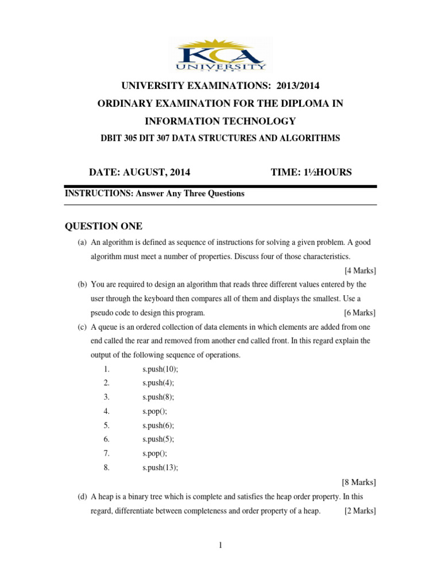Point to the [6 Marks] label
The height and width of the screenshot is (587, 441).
coord(360,312)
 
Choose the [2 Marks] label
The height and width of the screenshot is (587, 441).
coord(360,511)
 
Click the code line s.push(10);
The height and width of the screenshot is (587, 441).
coord(160,369)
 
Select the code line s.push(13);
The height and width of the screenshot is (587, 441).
coord(160,467)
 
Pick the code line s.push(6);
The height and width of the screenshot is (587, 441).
coord(158,425)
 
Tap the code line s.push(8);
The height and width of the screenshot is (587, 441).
coord(158,397)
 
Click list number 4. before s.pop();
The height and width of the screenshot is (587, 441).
coord(106,411)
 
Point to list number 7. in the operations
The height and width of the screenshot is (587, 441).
coord(106,453)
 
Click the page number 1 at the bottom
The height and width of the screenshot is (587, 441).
coord(220,545)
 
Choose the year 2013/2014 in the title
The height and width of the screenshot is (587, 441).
coord(298,86)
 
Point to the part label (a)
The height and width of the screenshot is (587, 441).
coord(82,242)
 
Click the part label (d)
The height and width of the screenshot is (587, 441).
coord(82,496)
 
